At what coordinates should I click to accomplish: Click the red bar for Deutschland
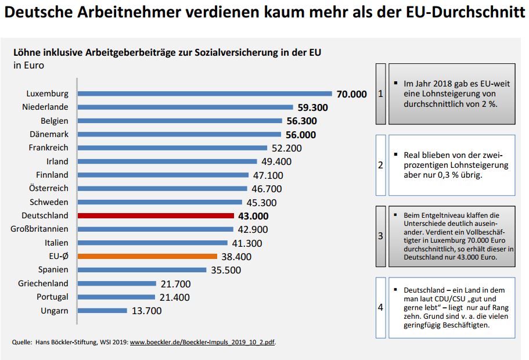tap(155, 215)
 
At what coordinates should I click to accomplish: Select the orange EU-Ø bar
tap(147, 256)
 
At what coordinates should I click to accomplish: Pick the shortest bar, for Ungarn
tap(102, 311)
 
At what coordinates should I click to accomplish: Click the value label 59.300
tap(313, 107)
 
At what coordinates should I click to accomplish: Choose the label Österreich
tap(49, 188)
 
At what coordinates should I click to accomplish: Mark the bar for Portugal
tap(116, 297)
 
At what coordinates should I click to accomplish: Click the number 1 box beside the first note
tap(380, 93)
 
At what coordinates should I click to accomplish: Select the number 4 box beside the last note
tap(380, 307)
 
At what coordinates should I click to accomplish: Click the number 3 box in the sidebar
tap(380, 236)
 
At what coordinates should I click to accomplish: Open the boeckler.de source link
tap(202, 342)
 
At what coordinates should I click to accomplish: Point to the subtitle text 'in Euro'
tap(28, 65)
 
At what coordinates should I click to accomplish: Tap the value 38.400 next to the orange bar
tap(236, 257)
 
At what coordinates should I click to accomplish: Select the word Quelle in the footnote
tap(22, 342)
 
